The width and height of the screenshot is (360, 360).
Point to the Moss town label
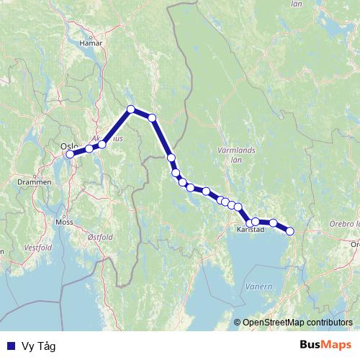point(64,222)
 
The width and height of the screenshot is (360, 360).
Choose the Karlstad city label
point(251,230)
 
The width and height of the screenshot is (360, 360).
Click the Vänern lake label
point(258,287)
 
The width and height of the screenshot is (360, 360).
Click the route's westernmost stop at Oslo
point(70,154)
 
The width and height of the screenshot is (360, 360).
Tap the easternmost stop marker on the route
point(290,231)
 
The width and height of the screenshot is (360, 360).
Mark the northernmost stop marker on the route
point(131,109)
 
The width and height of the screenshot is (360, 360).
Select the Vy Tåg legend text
point(38,346)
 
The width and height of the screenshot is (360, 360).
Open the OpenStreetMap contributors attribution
point(297,323)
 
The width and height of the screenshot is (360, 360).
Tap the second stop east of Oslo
point(102,145)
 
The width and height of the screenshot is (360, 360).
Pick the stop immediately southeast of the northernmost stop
point(152,117)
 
